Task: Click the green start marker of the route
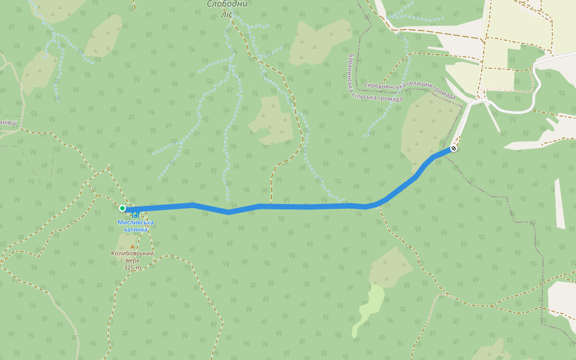tap(122, 208)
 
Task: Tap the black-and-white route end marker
tap(454, 148)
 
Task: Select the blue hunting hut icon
tap(136, 214)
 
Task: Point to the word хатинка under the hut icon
tap(136, 229)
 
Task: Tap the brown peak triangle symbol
tap(133, 246)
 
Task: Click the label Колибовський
tap(133, 253)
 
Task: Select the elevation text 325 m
tap(133, 268)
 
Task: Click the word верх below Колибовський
tap(133, 260)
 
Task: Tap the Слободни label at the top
tap(227, 4)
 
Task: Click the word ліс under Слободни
tap(227, 14)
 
